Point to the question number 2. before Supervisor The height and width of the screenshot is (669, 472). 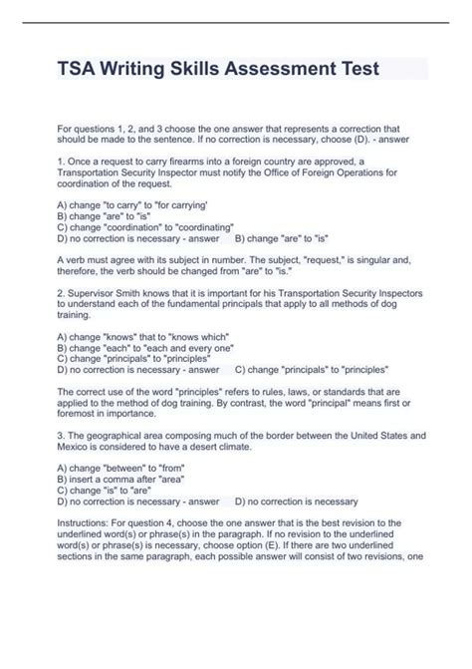(x=62, y=294)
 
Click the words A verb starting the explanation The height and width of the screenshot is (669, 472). (x=76, y=257)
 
